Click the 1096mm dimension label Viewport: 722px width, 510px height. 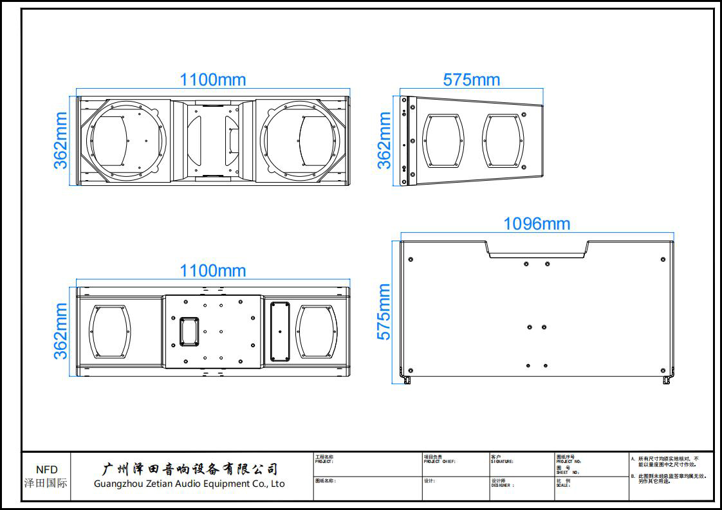(536, 223)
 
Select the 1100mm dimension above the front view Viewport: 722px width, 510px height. (212, 80)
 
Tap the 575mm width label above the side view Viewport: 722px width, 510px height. (471, 80)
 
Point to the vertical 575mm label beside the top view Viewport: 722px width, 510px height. (384, 312)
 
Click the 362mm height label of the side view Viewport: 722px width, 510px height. (384, 140)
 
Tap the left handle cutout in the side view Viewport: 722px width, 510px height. (443, 141)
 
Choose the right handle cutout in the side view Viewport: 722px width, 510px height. (503, 141)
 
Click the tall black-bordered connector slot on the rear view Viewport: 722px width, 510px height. (279, 332)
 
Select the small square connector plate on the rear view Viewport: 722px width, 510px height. (189, 330)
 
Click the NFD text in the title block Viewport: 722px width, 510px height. (46, 469)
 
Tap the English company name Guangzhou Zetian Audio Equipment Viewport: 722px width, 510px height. (189, 484)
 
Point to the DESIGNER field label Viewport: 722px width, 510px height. (503, 486)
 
